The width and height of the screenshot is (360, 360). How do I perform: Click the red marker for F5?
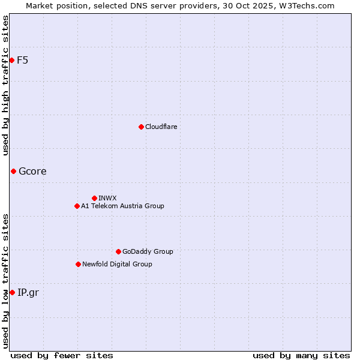[x=11, y=60]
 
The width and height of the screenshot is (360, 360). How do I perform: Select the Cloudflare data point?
[x=141, y=127]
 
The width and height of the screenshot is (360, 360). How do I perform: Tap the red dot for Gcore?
[x=13, y=171]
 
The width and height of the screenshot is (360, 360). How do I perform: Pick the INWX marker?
[x=94, y=198]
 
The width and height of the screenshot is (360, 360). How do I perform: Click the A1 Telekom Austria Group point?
[x=77, y=206]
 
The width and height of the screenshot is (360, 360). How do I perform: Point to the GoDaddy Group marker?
[x=118, y=251]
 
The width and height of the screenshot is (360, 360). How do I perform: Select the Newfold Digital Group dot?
[x=78, y=264]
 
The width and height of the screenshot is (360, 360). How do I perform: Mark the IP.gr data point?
[x=12, y=292]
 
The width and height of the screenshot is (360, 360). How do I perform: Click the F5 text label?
[x=22, y=60]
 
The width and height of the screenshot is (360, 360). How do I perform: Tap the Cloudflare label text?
[x=161, y=127]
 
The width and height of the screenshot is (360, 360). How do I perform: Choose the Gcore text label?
[x=32, y=171]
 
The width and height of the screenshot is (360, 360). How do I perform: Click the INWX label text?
[x=107, y=198]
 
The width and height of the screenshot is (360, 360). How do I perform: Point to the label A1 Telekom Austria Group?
[x=122, y=206]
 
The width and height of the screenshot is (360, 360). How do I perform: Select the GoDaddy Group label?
[x=148, y=251]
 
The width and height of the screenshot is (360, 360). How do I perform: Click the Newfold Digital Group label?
[x=117, y=264]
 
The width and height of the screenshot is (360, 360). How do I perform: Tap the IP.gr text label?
[x=28, y=292]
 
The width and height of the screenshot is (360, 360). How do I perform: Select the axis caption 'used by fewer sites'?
[x=62, y=355]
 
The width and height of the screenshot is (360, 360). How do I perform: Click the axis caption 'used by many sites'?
[x=301, y=355]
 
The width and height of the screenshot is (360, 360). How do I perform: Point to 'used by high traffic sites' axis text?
[x=5, y=85]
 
